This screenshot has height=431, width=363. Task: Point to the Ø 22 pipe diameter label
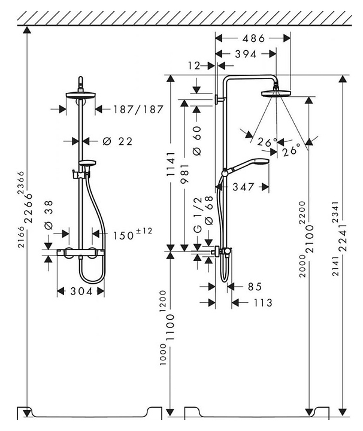pyautogui.click(x=117, y=141)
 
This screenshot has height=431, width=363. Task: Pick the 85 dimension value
pyautogui.click(x=254, y=286)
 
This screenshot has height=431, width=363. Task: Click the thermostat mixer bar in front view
pyautogui.click(x=80, y=254)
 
